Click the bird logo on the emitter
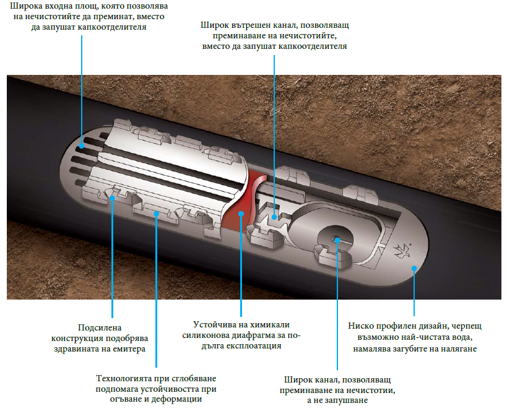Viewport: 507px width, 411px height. pyautogui.click(x=402, y=251)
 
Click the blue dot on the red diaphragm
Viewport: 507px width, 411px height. pyautogui.click(x=241, y=214)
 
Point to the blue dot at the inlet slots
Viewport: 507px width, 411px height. pyautogui.click(x=82, y=146)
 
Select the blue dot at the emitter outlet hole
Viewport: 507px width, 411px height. pyautogui.click(x=337, y=240)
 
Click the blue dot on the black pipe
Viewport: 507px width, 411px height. pyautogui.click(x=414, y=268)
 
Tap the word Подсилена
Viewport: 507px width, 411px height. pyautogui.click(x=100, y=328)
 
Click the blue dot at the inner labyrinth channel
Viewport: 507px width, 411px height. pyautogui.click(x=274, y=217)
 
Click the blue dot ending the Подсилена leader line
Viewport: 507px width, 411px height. pyautogui.click(x=112, y=198)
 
